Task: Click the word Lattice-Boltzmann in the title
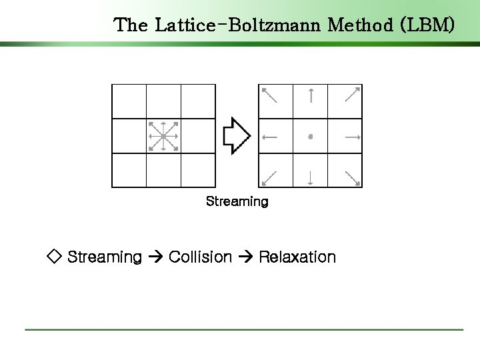point(248,25)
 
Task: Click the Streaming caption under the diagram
point(237,201)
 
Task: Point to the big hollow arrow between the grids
point(237,136)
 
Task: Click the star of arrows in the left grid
point(163,136)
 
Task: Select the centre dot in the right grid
point(311,137)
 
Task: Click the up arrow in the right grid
point(311,96)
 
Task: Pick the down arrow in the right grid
point(311,177)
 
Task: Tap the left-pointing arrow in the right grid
point(270,137)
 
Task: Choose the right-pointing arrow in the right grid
point(352,137)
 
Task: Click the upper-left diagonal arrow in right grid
point(269,95)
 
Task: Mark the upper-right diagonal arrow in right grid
point(352,95)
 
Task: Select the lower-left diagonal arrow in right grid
point(269,177)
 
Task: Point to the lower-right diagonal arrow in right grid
point(352,177)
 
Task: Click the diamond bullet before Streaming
point(54,257)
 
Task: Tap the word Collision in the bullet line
point(201,257)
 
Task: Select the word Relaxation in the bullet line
point(297,257)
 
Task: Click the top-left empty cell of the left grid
point(129,101)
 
